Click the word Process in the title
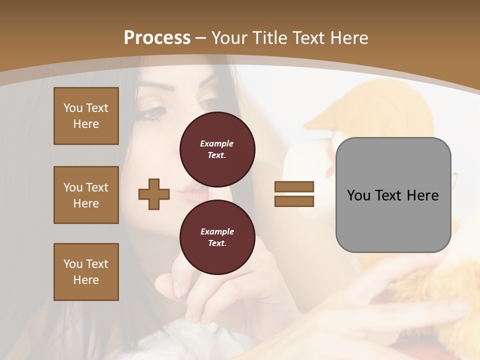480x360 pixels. (x=157, y=37)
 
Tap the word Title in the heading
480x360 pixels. (x=270, y=37)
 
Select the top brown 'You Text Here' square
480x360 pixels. (x=86, y=116)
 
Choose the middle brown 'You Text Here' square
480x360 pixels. (x=86, y=195)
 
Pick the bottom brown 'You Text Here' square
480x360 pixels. (x=86, y=272)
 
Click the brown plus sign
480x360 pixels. (x=154, y=194)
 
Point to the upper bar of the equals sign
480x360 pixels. (x=294, y=186)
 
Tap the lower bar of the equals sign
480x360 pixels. (x=294, y=201)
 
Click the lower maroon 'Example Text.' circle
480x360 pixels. (x=217, y=237)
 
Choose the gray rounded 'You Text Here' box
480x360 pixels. (x=393, y=195)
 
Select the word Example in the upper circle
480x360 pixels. (x=217, y=143)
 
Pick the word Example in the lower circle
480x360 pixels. (x=217, y=231)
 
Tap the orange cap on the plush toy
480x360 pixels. (x=350, y=111)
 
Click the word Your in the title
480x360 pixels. (x=230, y=37)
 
